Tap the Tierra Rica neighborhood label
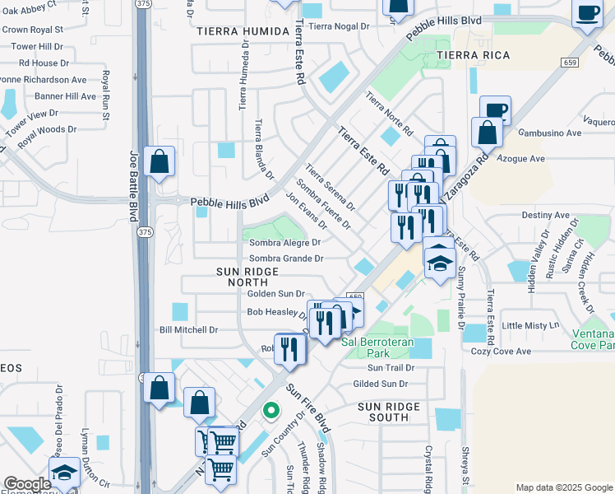click(x=473, y=55)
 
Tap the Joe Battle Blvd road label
click(x=132, y=184)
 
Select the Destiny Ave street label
click(x=545, y=215)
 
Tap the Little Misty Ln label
click(x=530, y=325)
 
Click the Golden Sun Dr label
click(x=276, y=293)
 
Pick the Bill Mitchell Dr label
click(x=188, y=330)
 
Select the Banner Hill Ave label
click(x=64, y=96)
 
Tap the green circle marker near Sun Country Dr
click(x=269, y=409)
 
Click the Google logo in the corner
click(x=26, y=484)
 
